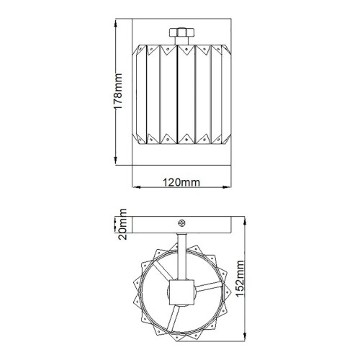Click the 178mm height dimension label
[120, 91]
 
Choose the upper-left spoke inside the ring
[163, 277]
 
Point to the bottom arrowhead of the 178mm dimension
[118, 161]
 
